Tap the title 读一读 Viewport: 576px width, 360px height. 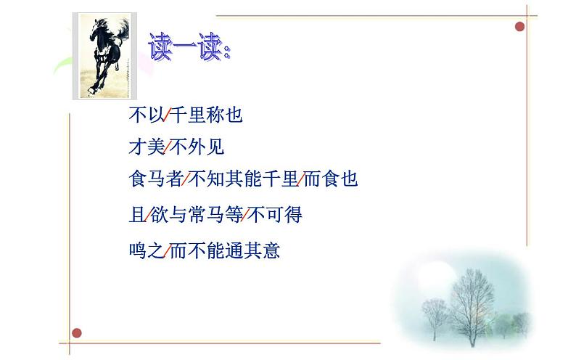(x=188, y=46)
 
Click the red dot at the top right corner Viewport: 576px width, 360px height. (x=519, y=27)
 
